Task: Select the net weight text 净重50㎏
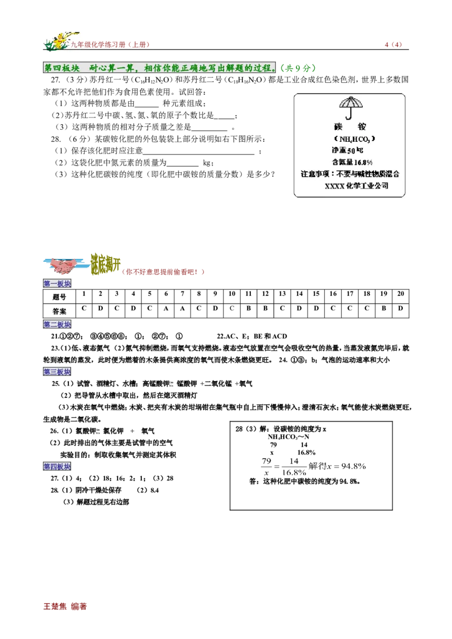pos(347,151)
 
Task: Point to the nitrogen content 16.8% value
pos(363,163)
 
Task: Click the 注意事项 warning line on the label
pos(350,174)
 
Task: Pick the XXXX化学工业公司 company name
pos(356,186)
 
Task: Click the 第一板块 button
pos(57,284)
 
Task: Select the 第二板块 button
pos(57,325)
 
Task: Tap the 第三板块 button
pos(57,372)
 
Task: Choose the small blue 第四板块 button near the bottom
pos(57,467)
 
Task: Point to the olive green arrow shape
pos(106,264)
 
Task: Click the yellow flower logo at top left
pos(59,41)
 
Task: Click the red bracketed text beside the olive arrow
pos(164,272)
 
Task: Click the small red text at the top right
pos(393,45)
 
